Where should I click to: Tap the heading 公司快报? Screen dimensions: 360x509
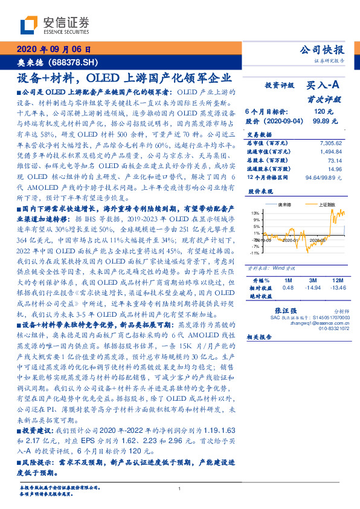(x=323, y=50)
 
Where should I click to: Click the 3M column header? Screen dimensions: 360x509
(x=312, y=280)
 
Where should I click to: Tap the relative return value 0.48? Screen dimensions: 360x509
(x=289, y=288)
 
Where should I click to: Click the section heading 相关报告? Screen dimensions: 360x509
(x=260, y=339)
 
